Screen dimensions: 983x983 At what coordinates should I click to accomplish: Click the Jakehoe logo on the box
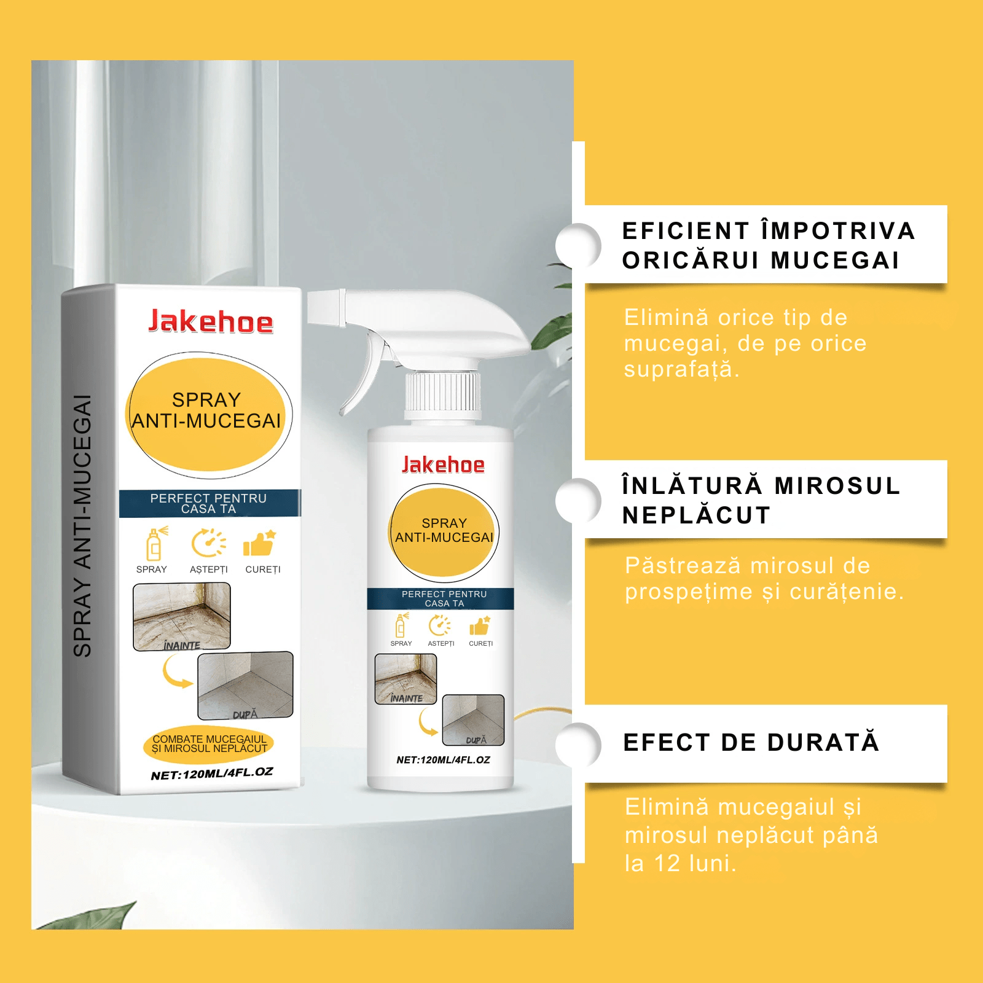coord(211,321)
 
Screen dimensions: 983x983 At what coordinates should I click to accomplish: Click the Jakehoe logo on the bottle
coord(443,465)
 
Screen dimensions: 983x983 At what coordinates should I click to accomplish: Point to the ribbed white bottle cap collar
coord(442,392)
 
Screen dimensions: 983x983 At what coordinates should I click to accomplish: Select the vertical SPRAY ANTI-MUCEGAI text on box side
coord(82,525)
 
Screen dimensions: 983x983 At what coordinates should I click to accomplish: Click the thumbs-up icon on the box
coord(259,544)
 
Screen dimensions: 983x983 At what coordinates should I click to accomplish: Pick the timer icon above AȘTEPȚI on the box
coord(208,543)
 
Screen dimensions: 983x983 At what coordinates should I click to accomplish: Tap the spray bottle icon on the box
coord(154,544)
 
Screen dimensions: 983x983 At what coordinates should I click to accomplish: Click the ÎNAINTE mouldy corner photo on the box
coord(182,616)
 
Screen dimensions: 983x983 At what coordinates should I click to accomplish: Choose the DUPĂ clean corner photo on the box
coord(245,685)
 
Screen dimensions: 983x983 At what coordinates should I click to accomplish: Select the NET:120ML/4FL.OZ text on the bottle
coord(443,760)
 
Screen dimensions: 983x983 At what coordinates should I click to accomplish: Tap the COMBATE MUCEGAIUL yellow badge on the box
coord(209,744)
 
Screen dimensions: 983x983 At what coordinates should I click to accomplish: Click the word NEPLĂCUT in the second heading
coord(696,515)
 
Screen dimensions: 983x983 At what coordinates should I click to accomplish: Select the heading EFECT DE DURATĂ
coord(751,742)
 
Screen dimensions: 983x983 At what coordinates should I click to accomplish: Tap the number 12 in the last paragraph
coord(667,863)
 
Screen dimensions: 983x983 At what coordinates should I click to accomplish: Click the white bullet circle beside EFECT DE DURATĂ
coord(578,745)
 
